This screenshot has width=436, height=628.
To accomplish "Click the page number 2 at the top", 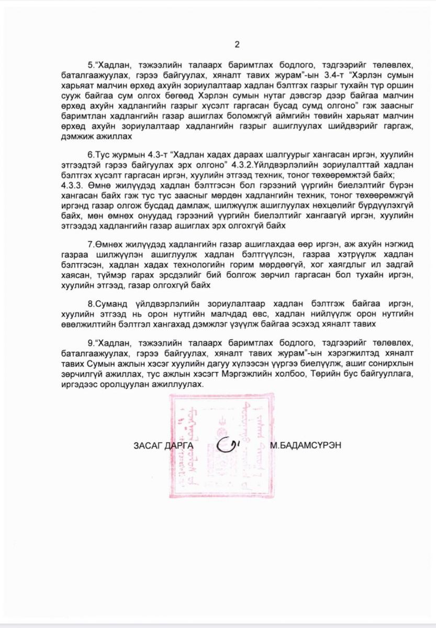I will coord(237,44).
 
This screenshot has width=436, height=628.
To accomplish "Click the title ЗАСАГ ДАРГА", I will coord(164,445).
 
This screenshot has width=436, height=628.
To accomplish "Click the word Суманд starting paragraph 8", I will coord(109,304).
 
